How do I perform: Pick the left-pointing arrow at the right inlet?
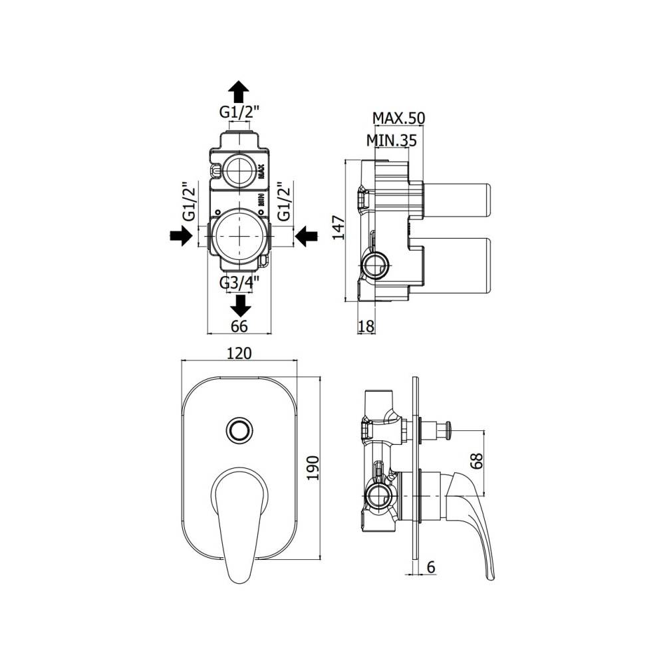(305, 235)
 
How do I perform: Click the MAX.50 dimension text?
(398, 118)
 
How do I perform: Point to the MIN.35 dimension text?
(391, 140)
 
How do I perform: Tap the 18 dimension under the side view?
(366, 325)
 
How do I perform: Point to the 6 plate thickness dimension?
(430, 567)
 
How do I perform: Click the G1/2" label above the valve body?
(239, 112)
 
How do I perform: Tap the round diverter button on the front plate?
(238, 429)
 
